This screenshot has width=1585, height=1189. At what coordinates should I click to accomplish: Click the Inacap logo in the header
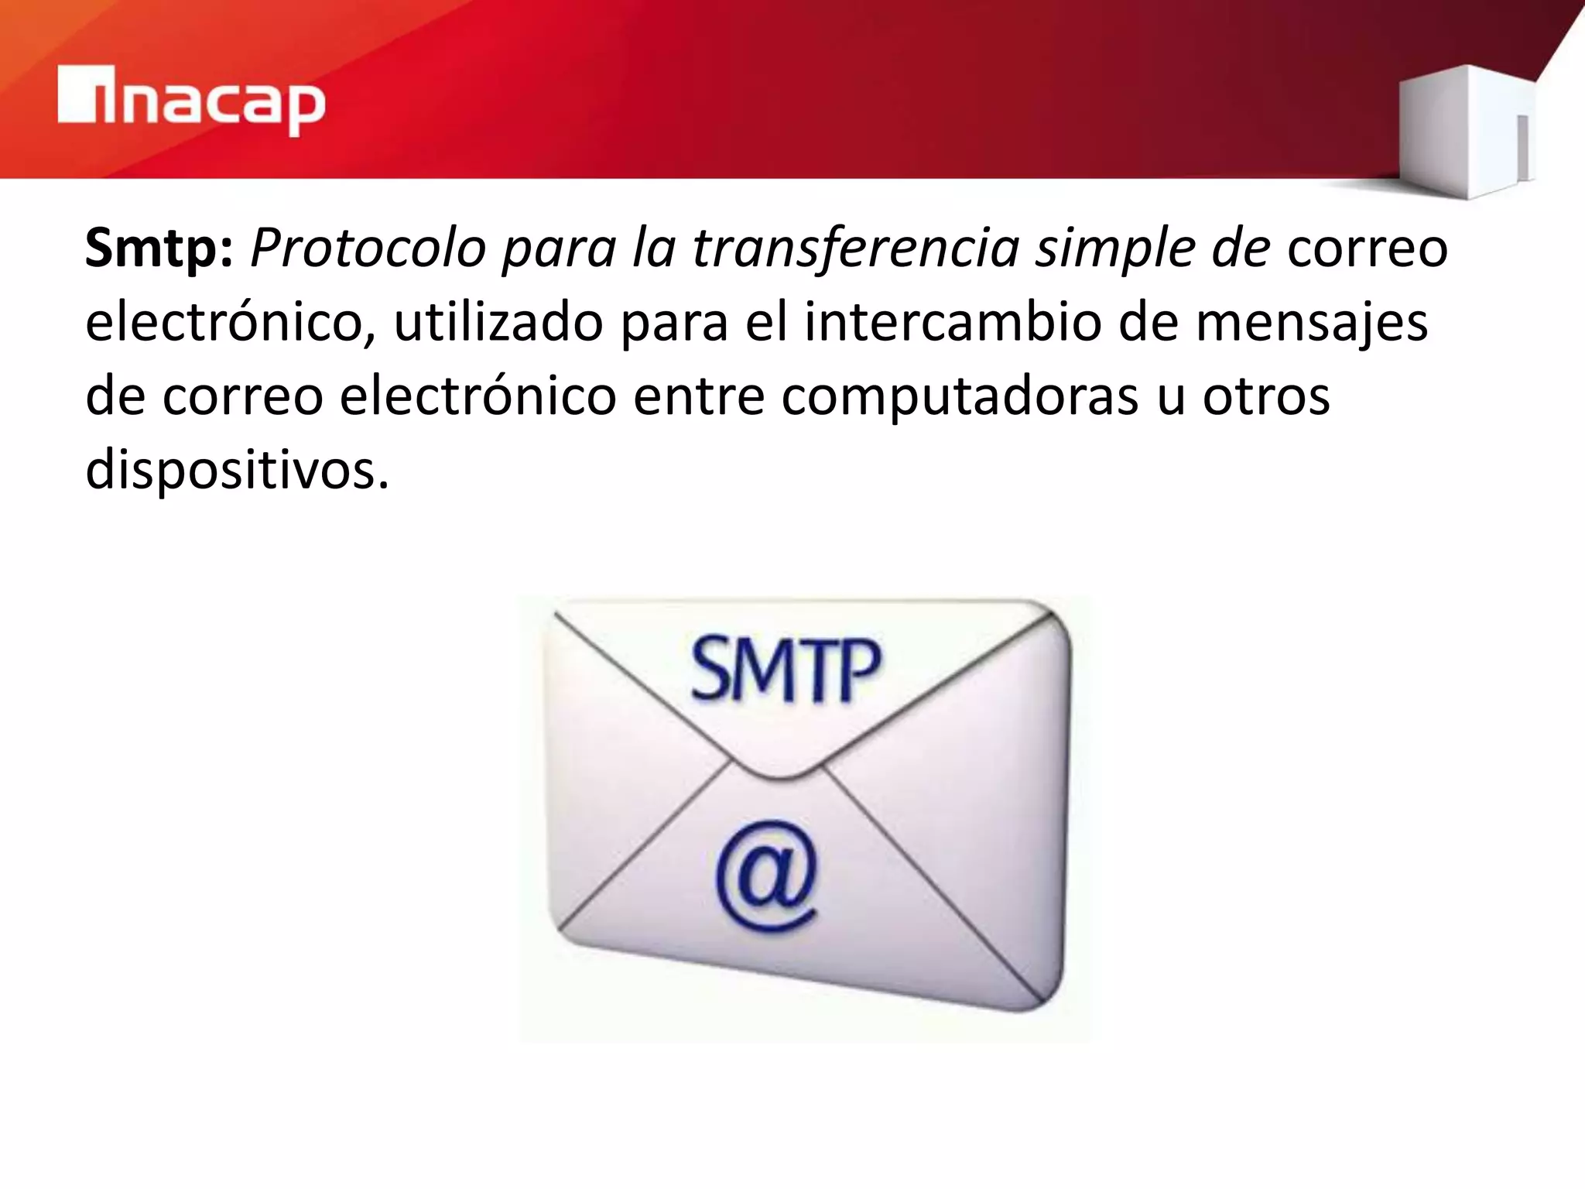pyautogui.click(x=191, y=101)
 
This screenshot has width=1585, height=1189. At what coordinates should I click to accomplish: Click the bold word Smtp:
pyautogui.click(x=159, y=248)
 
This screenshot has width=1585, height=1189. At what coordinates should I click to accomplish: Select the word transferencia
pyautogui.click(x=856, y=248)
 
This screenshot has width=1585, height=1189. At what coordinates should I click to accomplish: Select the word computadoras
pyautogui.click(x=960, y=397)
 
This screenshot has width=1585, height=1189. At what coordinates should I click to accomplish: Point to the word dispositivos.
pyautogui.click(x=236, y=471)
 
